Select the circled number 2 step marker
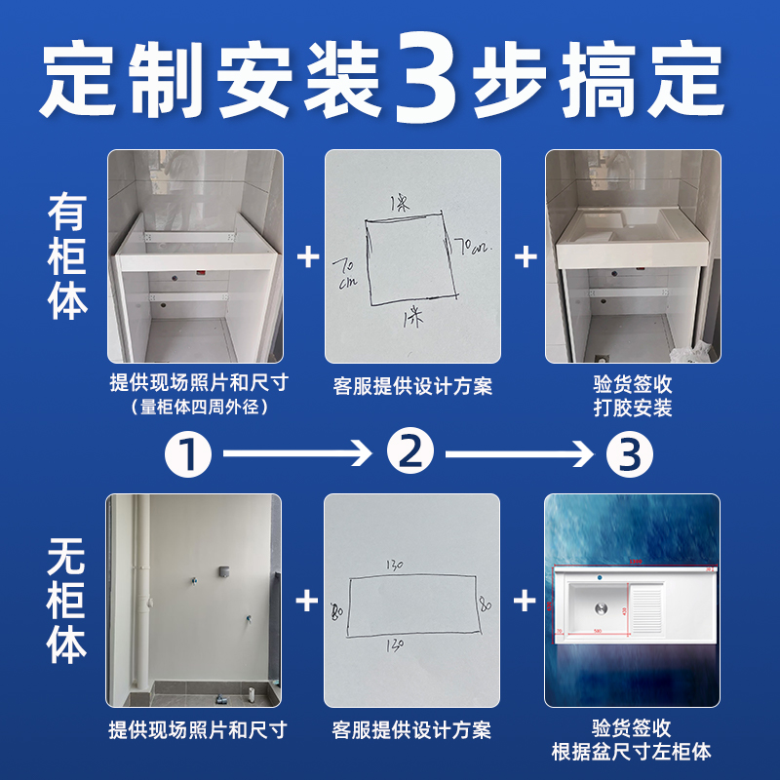(410, 453)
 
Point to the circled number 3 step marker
(630, 453)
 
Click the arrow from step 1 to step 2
(297, 453)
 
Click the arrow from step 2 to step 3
(520, 453)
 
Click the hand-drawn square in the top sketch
(410, 258)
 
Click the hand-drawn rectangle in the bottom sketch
(411, 604)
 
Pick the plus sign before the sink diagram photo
(526, 601)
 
